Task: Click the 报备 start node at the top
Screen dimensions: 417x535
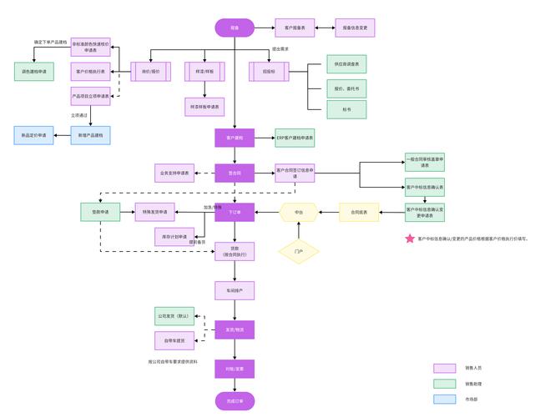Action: [235, 28]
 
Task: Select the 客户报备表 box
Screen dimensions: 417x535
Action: [296, 28]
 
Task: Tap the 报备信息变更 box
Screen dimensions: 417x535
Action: [354, 28]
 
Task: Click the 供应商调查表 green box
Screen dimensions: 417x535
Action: [346, 63]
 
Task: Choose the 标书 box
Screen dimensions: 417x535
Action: [346, 109]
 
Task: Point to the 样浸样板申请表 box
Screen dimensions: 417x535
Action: [205, 107]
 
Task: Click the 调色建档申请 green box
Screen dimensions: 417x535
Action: [34, 73]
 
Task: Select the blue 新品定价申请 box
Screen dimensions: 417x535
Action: [34, 134]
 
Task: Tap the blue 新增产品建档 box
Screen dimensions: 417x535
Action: [90, 134]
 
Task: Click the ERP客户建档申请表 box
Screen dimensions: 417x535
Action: [295, 137]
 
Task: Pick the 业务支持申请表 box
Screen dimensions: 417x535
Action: [174, 173]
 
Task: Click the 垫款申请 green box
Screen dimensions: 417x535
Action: [101, 212]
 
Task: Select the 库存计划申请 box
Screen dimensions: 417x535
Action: [174, 237]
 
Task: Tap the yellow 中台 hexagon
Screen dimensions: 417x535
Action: [299, 212]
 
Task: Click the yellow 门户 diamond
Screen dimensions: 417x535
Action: [299, 251]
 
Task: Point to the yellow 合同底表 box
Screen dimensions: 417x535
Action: [359, 212]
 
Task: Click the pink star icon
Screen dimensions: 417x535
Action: [410, 239]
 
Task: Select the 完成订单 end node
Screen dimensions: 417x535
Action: [235, 401]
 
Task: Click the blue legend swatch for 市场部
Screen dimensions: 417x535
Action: [444, 399]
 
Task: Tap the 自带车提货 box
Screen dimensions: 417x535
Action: [174, 340]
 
